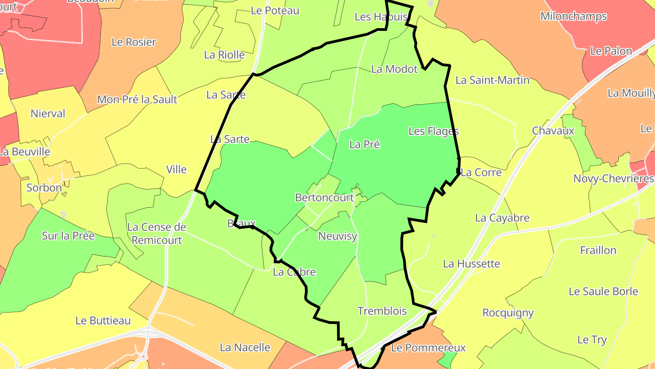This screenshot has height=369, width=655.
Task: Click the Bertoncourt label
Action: click(324, 198)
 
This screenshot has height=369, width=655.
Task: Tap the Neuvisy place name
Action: click(338, 236)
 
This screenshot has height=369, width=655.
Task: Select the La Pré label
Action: click(364, 144)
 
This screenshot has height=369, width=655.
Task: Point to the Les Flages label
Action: click(433, 131)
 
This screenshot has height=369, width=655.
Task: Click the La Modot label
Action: click(394, 69)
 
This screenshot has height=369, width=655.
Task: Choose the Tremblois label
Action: click(382, 311)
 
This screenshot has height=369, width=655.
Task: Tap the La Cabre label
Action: click(294, 272)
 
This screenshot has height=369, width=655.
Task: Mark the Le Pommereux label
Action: click(428, 348)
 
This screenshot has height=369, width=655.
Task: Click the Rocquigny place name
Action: click(508, 313)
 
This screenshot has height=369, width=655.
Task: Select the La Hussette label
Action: click(471, 264)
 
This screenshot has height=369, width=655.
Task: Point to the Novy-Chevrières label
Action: click(613, 179)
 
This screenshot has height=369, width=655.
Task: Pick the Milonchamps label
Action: click(574, 16)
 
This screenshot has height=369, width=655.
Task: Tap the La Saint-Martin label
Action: click(493, 80)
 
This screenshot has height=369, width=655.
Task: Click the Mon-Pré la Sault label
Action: click(137, 99)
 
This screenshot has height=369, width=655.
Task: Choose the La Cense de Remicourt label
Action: click(156, 234)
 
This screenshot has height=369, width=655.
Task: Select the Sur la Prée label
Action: click(68, 236)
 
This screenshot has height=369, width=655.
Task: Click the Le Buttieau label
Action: click(103, 321)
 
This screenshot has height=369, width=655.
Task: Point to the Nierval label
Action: click(48, 113)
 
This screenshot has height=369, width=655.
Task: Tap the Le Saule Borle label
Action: click(603, 292)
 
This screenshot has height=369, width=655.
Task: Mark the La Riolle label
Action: click(224, 55)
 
